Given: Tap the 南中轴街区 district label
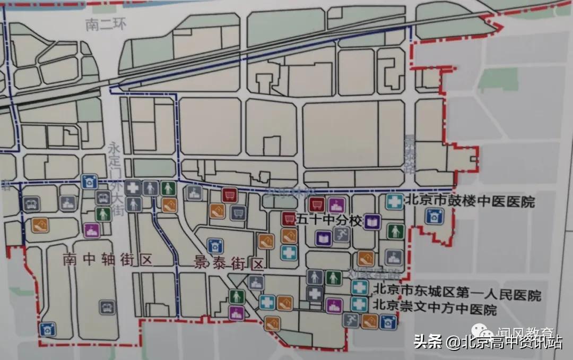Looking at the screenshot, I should (x=107, y=260).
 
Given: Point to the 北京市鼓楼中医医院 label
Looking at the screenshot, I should (x=470, y=201).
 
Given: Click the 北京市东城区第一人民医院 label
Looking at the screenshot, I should (x=457, y=294).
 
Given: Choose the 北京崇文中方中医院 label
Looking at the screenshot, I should (x=435, y=308).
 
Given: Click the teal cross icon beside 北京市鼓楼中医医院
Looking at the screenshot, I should (x=393, y=201).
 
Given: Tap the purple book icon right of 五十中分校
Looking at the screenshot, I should (x=373, y=221).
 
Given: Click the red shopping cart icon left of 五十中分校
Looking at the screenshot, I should (x=289, y=218).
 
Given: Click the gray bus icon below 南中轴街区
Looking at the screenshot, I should (x=107, y=306).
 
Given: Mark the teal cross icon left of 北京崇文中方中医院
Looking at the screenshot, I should (x=360, y=304).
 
